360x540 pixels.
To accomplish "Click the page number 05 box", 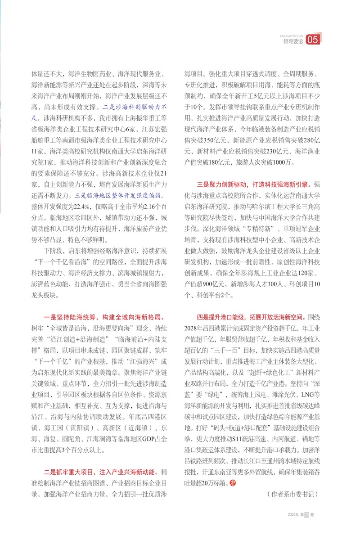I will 312,40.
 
